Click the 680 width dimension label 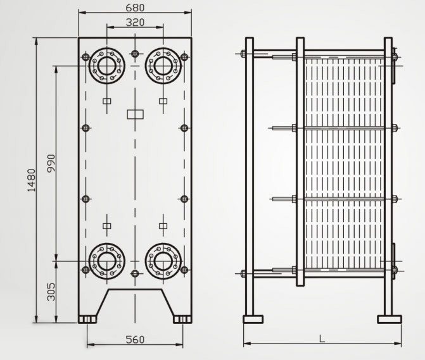pos(135,8)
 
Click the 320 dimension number pos(135,22)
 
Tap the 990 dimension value pos(51,163)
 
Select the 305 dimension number pos(51,291)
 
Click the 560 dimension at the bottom pos(134,339)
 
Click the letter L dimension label pos(322,339)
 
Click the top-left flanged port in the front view pos(106,65)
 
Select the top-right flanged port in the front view pos(163,65)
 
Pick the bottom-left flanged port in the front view pos(106,260)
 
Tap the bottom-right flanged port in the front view pos(163,260)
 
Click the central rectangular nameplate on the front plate pos(135,115)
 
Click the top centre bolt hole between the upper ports pos(134,53)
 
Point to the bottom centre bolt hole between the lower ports pos(134,273)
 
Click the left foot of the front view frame pos(87,319)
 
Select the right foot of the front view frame pos(182,319)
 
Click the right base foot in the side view pos(389,319)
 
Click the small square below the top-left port pos(106,101)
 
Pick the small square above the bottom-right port pos(163,225)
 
